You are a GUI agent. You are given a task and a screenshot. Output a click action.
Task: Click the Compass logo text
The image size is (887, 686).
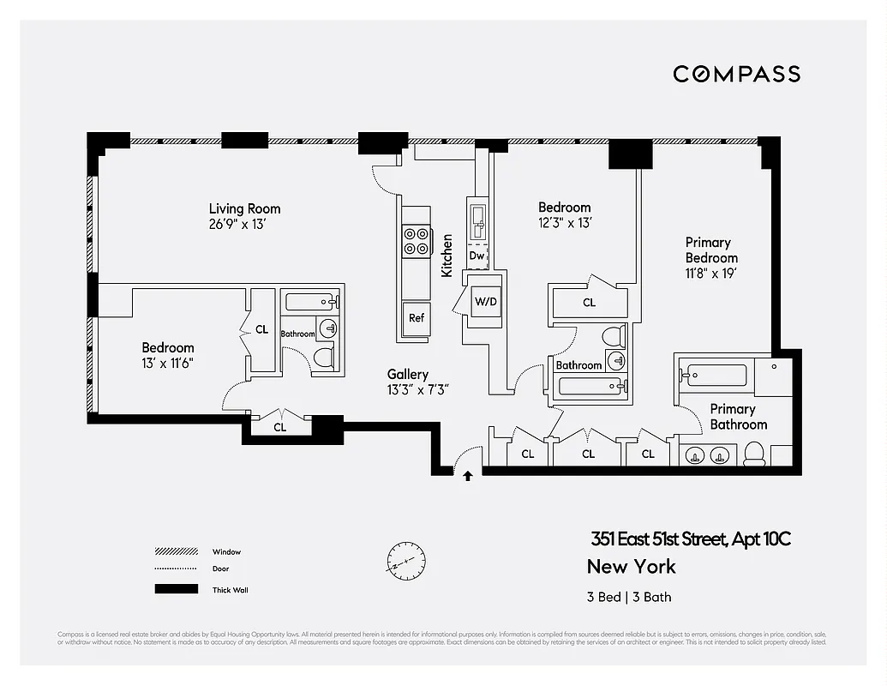[x=736, y=74]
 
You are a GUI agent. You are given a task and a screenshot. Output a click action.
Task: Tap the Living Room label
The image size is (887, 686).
[x=244, y=208]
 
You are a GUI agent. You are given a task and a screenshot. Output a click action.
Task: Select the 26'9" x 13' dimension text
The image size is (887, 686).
[x=244, y=224]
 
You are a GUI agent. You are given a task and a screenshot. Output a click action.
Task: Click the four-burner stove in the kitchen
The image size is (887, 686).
[x=416, y=240]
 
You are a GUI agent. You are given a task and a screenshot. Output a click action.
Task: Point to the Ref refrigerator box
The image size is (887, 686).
[x=416, y=317]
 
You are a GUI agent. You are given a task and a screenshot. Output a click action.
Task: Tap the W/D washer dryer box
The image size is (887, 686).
[x=485, y=302]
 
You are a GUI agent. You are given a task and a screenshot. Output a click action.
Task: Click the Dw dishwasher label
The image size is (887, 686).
[x=476, y=256]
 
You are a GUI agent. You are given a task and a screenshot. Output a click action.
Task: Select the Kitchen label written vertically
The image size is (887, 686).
[x=446, y=255]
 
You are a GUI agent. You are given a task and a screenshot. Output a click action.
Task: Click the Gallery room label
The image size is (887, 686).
[x=407, y=375]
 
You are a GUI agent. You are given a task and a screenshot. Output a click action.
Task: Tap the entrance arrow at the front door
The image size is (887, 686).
[x=468, y=475]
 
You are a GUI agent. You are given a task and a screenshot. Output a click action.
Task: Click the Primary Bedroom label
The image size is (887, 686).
[x=710, y=250]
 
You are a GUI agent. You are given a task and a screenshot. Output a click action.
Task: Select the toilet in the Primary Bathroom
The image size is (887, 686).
[x=754, y=454]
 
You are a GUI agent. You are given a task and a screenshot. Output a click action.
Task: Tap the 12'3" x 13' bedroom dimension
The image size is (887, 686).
[x=564, y=223]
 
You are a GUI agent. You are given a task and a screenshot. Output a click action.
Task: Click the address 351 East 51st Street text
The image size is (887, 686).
[x=690, y=539]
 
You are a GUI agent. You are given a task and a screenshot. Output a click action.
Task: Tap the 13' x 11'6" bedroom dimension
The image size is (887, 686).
[x=167, y=363]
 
